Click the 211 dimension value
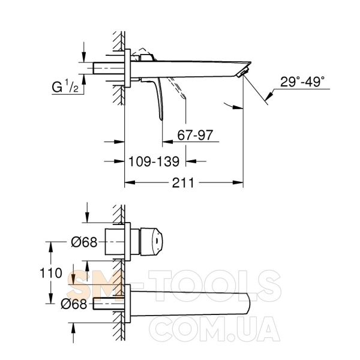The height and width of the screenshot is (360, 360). tap(183, 183)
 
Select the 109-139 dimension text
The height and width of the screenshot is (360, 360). tap(154, 161)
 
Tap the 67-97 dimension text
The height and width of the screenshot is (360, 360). tap(195, 135)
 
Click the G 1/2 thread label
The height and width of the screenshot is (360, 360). tap(65, 87)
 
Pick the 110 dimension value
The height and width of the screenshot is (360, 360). tap(51, 273)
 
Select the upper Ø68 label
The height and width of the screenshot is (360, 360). tap(84, 242)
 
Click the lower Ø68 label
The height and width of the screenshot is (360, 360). tap(74, 304)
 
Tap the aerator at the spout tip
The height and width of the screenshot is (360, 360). tap(244, 72)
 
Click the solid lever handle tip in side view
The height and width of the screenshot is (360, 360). tap(161, 118)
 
